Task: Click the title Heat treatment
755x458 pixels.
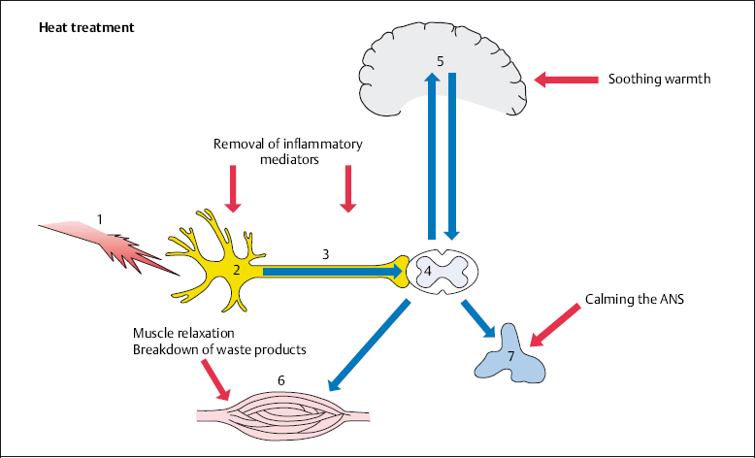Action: [86, 26]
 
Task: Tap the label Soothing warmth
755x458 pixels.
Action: [660, 79]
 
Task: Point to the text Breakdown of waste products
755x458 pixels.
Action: [219, 348]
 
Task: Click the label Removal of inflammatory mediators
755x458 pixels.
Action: [287, 152]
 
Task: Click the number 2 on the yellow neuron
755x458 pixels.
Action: [236, 269]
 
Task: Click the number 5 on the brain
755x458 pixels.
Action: [441, 61]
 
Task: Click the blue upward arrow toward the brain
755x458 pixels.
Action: [430, 155]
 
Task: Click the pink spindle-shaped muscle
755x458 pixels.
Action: [282, 413]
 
